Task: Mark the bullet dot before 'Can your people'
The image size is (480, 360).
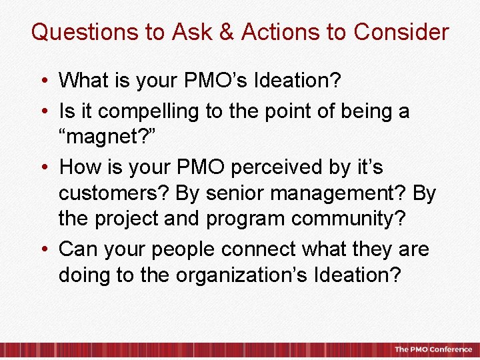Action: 43,249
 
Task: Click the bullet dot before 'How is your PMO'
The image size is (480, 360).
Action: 43,167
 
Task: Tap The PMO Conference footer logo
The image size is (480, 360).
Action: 433,349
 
